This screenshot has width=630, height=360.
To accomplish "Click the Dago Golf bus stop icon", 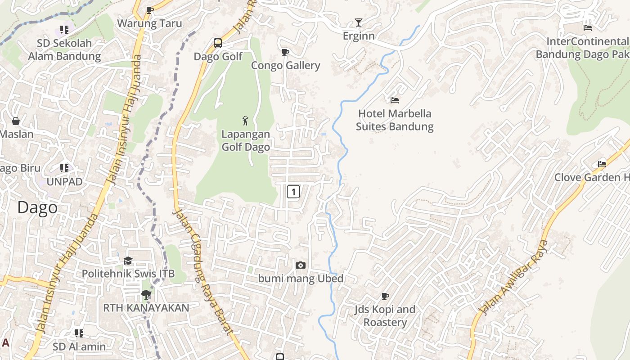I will click(218, 43).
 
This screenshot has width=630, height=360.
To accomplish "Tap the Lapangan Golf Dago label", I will click(246, 140).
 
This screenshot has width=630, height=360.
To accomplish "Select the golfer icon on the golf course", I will click(245, 121).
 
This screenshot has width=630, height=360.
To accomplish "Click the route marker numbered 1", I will click(293, 192).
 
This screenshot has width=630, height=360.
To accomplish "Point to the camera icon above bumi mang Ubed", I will click(301, 265).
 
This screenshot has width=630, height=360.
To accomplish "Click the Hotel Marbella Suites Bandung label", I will click(395, 120).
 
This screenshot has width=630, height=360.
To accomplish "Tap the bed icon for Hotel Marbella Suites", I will click(395, 100).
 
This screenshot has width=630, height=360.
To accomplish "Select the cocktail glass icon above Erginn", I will click(359, 22).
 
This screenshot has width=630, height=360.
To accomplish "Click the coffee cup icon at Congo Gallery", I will click(285, 53).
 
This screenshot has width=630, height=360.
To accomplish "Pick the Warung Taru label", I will click(150, 23).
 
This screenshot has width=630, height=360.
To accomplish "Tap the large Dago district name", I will click(37, 207).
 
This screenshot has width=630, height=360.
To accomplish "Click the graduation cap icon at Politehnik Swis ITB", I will click(128, 261).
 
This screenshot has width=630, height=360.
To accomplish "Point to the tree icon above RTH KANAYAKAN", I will click(146, 295).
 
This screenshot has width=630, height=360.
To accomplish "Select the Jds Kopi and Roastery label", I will click(385, 316).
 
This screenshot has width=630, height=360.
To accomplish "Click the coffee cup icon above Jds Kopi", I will click(385, 296).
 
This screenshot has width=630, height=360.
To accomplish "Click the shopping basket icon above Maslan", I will click(16, 121).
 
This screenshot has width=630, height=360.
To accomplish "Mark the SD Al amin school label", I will click(79, 346).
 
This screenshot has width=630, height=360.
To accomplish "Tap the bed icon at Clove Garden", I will click(602, 164).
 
